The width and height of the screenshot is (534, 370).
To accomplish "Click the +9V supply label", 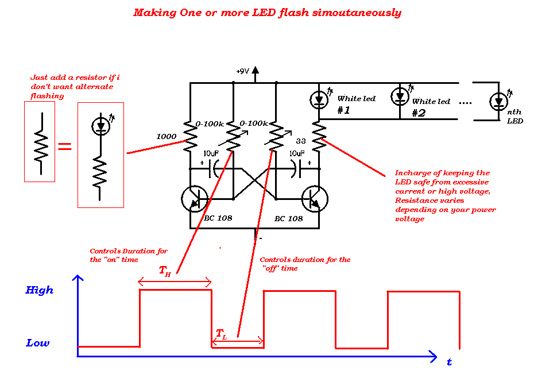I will pos(242,71).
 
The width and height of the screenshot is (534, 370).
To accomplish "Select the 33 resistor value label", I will pos(301,141).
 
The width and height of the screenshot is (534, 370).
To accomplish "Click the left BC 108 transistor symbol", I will pos(194,199).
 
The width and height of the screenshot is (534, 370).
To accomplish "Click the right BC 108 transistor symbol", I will pos(315,199).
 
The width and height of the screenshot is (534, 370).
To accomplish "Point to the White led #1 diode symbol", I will pos(319,101).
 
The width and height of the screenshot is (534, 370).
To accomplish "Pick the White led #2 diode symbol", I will pos(400,96).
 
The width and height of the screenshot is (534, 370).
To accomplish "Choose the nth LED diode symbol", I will pos(498,102).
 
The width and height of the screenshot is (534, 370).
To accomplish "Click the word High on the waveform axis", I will pos(40,290).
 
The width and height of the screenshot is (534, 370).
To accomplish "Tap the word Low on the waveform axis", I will pos(38,343).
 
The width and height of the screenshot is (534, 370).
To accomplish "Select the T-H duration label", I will pos(165,271).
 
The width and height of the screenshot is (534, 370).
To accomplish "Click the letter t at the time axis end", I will pos(449,362).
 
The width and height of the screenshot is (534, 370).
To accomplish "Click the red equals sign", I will pos(65,147).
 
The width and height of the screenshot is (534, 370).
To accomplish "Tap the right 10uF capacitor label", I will pos(297,154).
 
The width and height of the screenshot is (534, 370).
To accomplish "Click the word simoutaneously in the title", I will pos(357,13).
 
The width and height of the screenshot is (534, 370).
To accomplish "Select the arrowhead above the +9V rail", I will pos(256,70).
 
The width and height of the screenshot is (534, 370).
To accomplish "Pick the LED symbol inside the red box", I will pos(101,125).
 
